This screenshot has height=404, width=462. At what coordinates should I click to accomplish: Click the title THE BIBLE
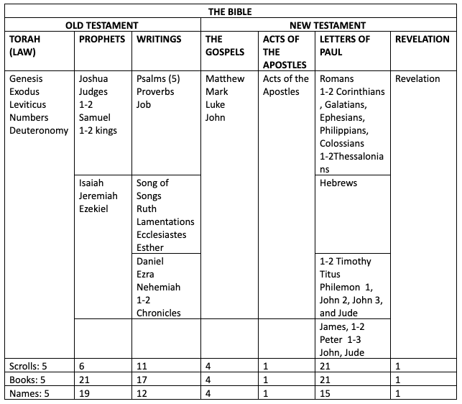click(231, 12)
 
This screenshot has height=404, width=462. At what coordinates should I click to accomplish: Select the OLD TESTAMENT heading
click(101, 25)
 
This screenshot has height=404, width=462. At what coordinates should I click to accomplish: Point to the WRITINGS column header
click(158, 40)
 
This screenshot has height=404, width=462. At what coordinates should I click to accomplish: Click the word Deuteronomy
click(40, 131)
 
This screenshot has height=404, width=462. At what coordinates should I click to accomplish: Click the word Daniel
click(150, 261)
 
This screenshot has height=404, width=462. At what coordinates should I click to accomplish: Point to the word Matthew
click(225, 79)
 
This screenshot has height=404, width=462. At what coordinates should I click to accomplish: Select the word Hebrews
click(338, 183)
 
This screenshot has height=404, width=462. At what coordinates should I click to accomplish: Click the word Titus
click(331, 274)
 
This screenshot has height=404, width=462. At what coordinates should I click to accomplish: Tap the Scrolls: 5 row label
click(27, 365)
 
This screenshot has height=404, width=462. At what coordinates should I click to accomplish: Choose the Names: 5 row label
click(28, 392)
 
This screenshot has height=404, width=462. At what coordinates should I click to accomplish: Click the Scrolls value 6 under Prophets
click(83, 365)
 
